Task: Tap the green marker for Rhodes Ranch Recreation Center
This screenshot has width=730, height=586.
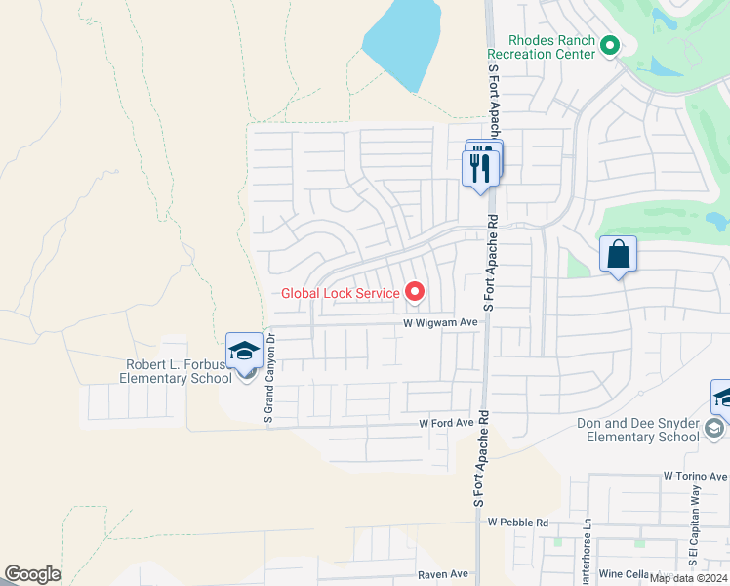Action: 610,45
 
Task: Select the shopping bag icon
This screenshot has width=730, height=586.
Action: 618,255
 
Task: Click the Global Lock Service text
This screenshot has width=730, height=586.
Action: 340,292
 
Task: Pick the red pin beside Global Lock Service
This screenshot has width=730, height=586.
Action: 415,291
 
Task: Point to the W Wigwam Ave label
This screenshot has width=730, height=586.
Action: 441,321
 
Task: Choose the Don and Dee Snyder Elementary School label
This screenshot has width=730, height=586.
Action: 638,430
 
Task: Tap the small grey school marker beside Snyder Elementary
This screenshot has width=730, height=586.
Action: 715,428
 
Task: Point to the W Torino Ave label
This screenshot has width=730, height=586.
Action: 695,474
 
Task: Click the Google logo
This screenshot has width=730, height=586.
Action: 32,574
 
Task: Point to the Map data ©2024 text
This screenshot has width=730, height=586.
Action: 688,578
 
